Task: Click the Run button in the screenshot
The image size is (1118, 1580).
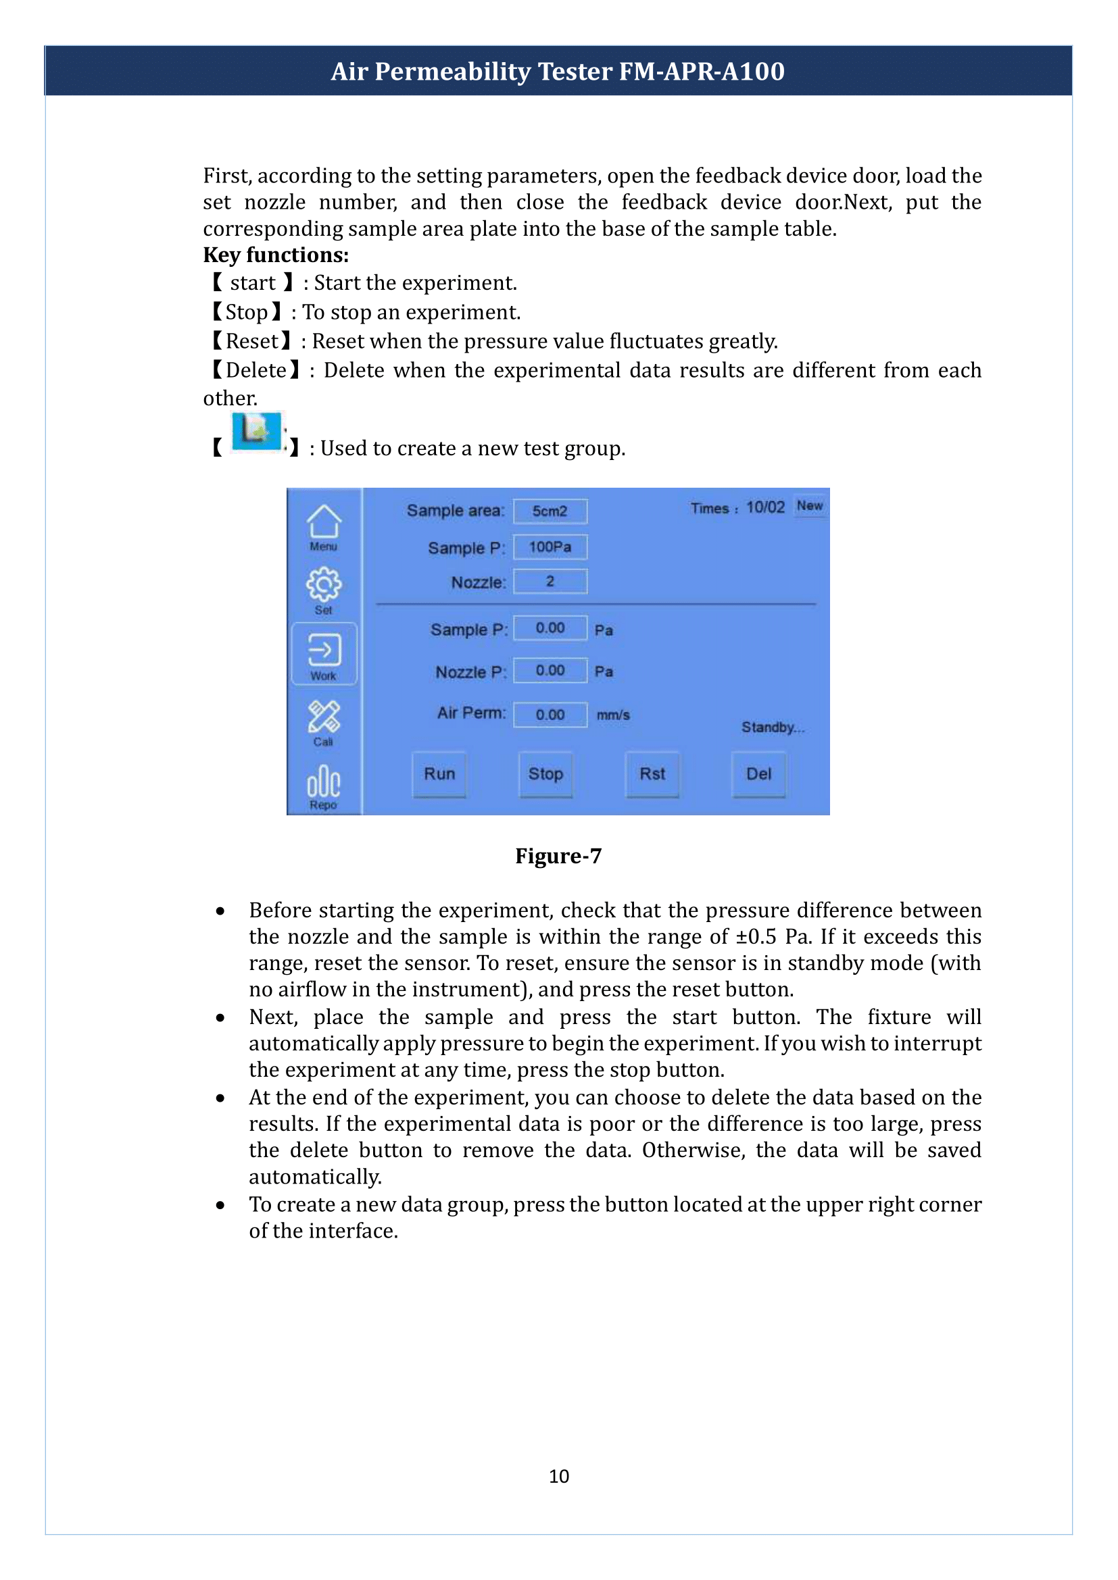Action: coord(439,774)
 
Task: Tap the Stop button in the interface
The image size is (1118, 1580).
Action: coord(545,774)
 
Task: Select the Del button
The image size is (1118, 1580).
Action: coord(758,774)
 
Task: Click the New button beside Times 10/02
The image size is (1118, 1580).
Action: coord(810,506)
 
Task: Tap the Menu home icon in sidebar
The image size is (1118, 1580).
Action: coord(324,526)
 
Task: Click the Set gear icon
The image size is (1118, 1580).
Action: coord(324,589)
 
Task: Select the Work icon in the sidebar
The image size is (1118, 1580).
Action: coord(324,655)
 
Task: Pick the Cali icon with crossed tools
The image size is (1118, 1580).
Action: coord(324,721)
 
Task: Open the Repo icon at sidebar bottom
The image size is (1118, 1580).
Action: coord(324,786)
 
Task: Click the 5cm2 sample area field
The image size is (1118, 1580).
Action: coord(550,511)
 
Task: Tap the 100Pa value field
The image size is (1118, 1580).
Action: coord(550,547)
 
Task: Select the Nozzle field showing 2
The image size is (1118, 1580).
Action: coord(550,582)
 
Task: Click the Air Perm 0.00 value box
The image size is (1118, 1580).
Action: coord(550,715)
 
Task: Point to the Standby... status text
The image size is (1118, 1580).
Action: coord(773,728)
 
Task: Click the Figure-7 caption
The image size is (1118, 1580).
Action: coord(558,856)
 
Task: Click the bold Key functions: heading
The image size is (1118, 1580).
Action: coord(275,255)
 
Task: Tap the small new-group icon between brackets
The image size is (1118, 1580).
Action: coord(256,432)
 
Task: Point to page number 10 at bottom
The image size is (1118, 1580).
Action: coord(558,1477)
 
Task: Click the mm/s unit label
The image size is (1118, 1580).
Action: coord(612,715)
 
